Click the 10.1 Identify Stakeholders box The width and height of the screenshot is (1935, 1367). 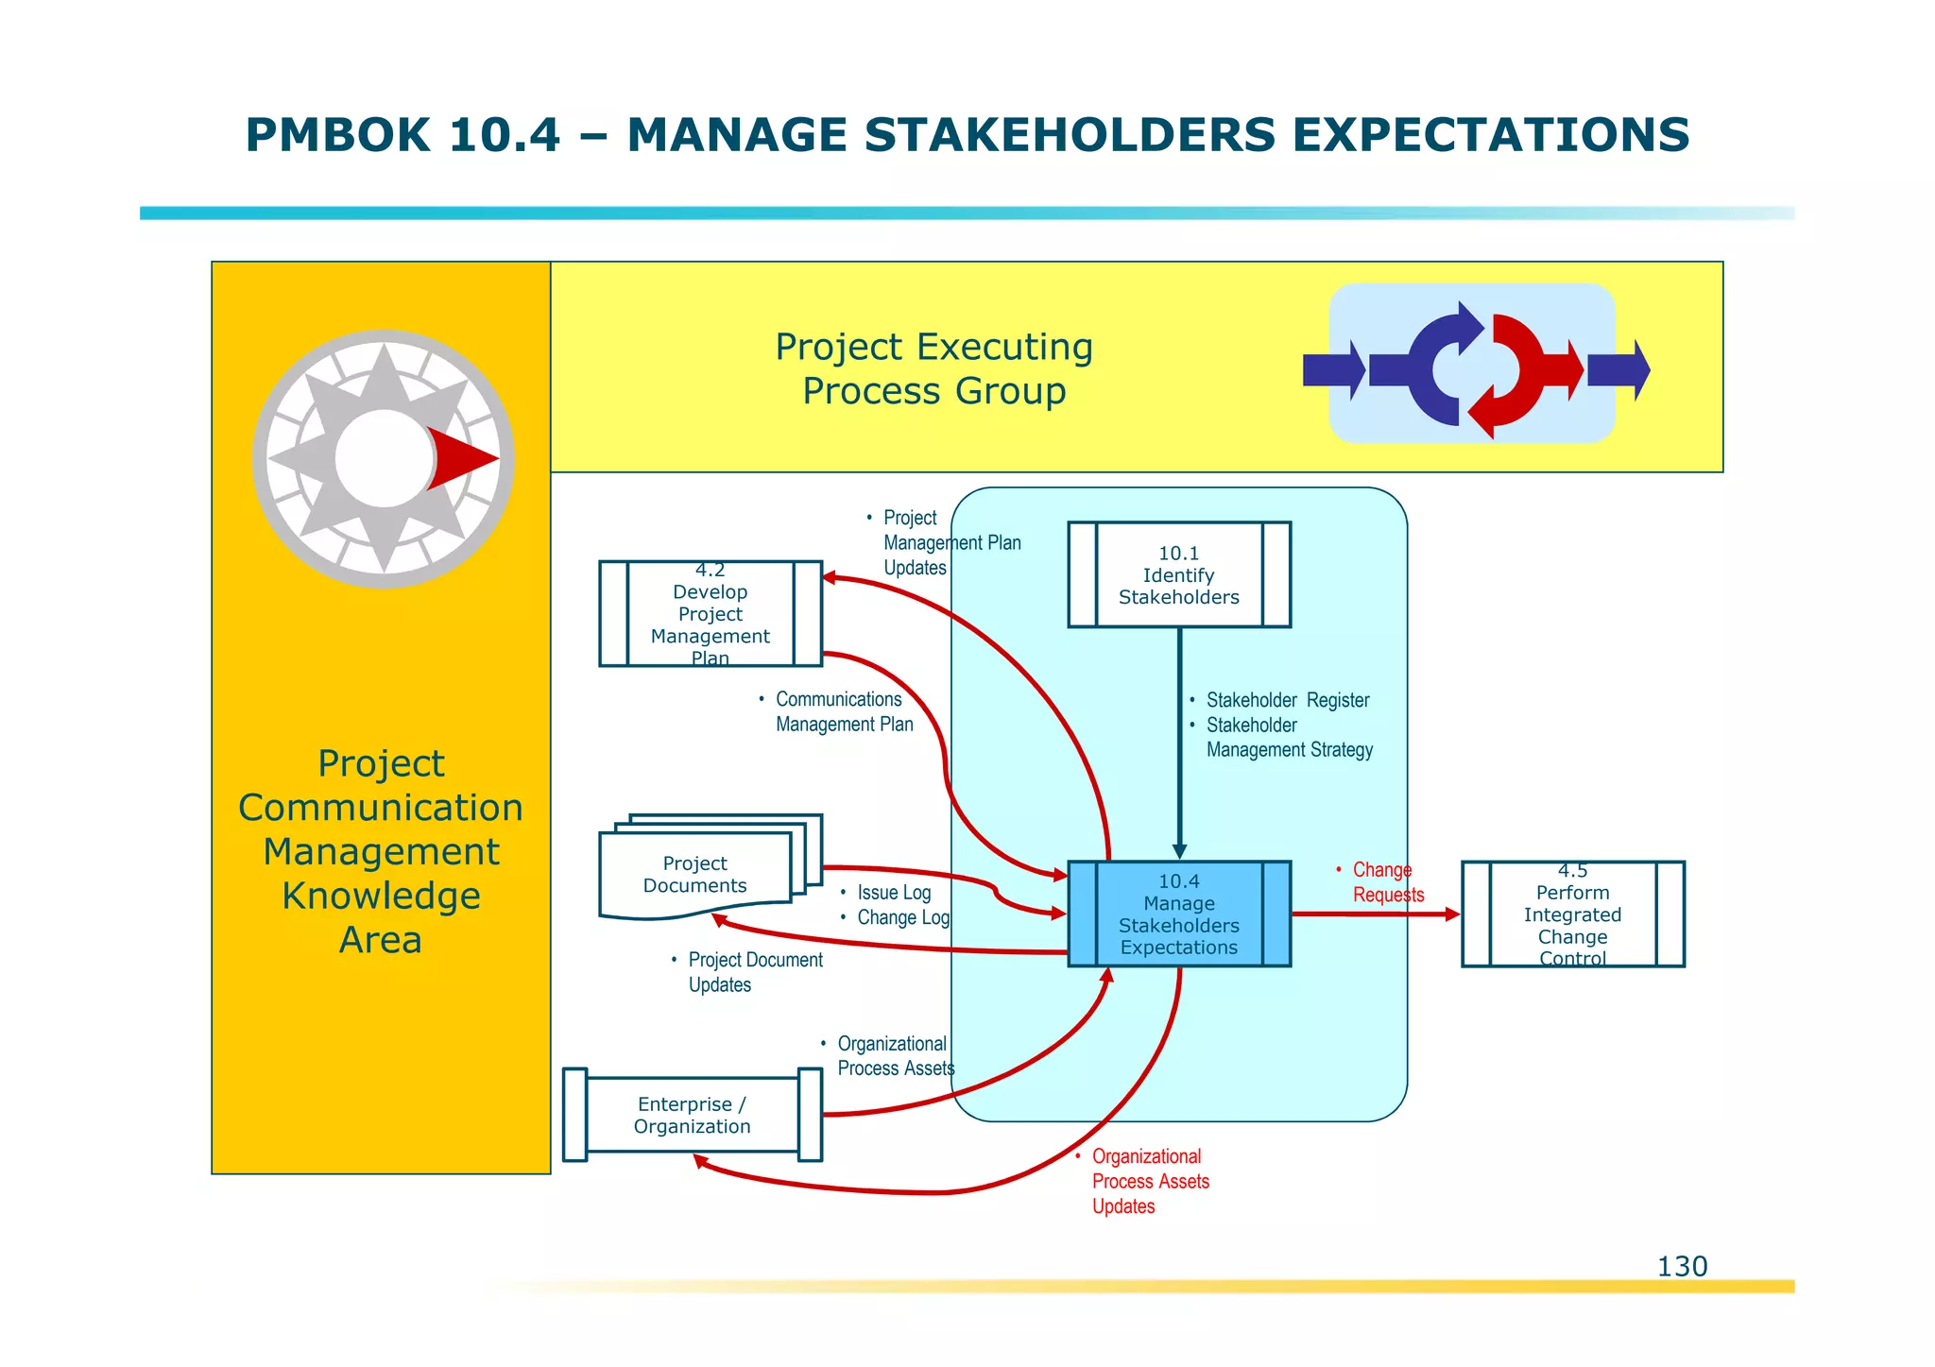tap(1178, 574)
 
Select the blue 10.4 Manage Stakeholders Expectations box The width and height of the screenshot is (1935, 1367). tap(1178, 914)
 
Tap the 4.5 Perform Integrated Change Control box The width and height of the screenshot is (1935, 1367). tap(1572, 914)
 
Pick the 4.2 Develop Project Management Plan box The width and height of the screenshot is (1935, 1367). tap(710, 613)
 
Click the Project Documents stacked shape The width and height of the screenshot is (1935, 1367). tap(695, 874)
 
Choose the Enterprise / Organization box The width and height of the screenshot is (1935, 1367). tap(692, 1115)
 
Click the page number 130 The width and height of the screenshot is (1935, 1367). tap(1682, 1266)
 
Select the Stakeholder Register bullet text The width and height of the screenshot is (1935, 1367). tap(1287, 700)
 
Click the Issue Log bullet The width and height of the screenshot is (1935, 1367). tap(893, 893)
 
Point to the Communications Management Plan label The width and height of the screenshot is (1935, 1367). tap(841, 711)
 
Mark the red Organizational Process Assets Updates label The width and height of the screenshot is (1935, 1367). tap(1149, 1181)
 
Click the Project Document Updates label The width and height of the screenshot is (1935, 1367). tap(754, 972)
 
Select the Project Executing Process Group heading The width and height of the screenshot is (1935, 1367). tap(933, 368)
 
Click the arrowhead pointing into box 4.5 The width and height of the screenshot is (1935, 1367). tap(1452, 914)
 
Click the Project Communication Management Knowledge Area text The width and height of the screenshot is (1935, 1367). tap(381, 850)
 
